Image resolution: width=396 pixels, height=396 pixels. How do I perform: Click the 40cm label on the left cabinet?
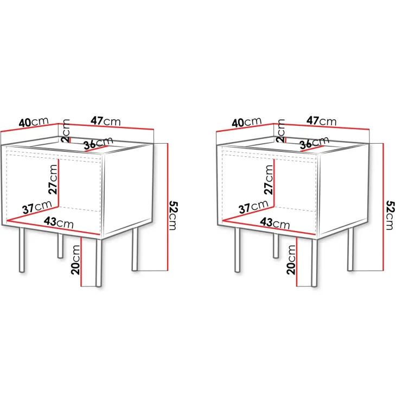pos(34,122)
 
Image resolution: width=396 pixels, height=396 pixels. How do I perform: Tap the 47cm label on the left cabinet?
pos(106,121)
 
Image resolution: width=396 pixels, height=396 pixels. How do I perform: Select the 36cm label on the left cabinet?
pos(98,143)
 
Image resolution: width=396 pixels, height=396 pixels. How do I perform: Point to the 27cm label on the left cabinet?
pos(53,180)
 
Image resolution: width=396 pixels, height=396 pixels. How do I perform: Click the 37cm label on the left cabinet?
pos(37,208)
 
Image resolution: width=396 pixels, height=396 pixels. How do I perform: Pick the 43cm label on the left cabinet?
pos(59,222)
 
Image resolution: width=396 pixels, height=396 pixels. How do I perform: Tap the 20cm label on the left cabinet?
pos(75,260)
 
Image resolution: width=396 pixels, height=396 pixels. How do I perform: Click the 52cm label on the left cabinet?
pos(174,215)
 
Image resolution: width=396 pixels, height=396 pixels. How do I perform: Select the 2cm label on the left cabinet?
pos(65,131)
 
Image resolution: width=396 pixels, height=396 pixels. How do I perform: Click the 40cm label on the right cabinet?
pos(246,122)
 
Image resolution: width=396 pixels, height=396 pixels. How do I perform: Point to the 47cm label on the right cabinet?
pos(322,121)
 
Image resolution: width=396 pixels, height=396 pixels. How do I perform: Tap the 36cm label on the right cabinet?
pos(315,143)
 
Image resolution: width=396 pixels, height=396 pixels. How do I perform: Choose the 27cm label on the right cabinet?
pos(269,180)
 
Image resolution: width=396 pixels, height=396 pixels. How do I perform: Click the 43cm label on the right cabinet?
pos(275,223)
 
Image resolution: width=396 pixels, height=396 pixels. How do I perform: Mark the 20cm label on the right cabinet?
pos(291,260)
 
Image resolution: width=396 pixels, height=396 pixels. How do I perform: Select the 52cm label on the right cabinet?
pos(390,215)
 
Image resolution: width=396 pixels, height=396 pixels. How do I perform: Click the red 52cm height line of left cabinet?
pos(167,207)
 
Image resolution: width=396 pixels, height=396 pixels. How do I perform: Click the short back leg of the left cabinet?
pos(60,245)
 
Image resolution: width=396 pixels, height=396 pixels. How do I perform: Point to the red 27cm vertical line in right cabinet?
pos(274,183)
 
